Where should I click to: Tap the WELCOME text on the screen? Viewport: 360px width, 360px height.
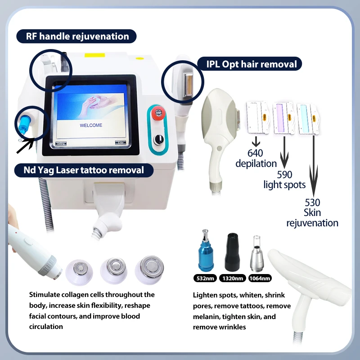(91, 125)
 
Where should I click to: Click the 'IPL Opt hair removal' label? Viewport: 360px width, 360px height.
(252, 64)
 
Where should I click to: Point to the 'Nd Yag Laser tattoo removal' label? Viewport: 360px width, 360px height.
(84, 170)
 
